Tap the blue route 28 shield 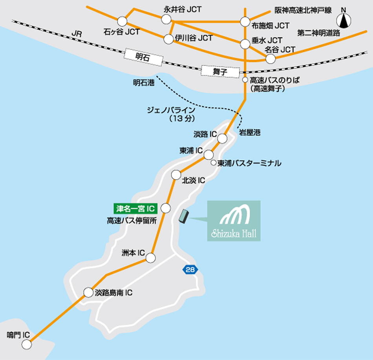[x=190, y=269]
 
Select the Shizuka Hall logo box [x=234, y=221]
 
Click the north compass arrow [x=344, y=21]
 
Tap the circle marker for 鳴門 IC [x=26, y=345]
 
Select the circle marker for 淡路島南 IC [x=88, y=292]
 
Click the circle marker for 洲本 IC [x=150, y=258]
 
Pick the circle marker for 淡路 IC [x=222, y=138]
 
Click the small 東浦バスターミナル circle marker [x=213, y=163]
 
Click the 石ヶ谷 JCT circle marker [x=123, y=21]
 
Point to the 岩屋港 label [x=250, y=133]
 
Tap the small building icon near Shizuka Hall [x=183, y=216]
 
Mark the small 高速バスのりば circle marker [x=244, y=80]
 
